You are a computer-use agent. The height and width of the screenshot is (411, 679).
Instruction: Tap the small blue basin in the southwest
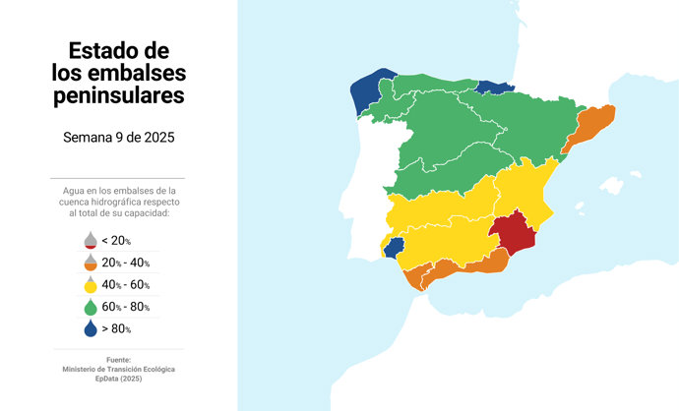point(395,247)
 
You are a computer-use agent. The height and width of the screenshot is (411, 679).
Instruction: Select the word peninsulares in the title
point(118,95)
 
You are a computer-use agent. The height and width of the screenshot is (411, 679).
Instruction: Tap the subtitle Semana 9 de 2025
point(118,137)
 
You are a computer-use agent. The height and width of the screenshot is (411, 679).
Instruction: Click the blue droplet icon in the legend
point(90,328)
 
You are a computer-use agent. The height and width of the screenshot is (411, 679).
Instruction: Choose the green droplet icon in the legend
point(90,307)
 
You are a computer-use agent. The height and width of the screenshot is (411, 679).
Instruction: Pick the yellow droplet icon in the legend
point(90,285)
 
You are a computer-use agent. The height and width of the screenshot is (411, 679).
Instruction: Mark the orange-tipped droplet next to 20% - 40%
point(90,263)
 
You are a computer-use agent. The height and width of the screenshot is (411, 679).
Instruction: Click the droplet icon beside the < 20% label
point(90,240)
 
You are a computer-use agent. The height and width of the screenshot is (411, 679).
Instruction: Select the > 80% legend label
point(116,329)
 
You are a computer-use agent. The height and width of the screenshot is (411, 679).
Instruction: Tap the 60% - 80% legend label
point(125,307)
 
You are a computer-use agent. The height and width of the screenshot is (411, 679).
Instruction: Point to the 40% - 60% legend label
point(125,285)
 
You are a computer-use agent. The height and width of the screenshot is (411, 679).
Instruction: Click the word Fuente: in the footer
point(118,360)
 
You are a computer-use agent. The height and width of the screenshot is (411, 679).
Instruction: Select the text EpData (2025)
point(118,379)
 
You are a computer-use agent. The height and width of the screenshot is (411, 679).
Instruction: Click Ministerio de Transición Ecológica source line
point(118,369)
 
